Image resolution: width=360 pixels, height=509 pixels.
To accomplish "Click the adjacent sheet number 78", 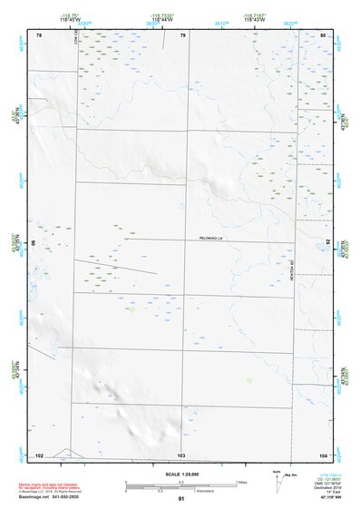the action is pos(39,35).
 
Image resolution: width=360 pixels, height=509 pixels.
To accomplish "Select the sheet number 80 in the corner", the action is pos(324,35).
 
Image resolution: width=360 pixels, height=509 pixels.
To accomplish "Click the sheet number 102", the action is pos(39,453).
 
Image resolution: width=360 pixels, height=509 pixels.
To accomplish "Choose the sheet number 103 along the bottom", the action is pos(181,453).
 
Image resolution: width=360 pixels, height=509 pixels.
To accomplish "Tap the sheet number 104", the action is pos(323,453).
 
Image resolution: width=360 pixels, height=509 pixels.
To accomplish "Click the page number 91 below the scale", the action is pos(181,499).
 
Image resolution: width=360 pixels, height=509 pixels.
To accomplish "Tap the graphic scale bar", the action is pos(181,485).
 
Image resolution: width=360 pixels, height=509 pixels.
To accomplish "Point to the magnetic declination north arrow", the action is pos(277,483).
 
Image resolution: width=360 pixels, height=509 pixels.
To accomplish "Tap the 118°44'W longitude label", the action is pos(162,18).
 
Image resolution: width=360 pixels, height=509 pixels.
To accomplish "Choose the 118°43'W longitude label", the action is pos(255,18).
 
